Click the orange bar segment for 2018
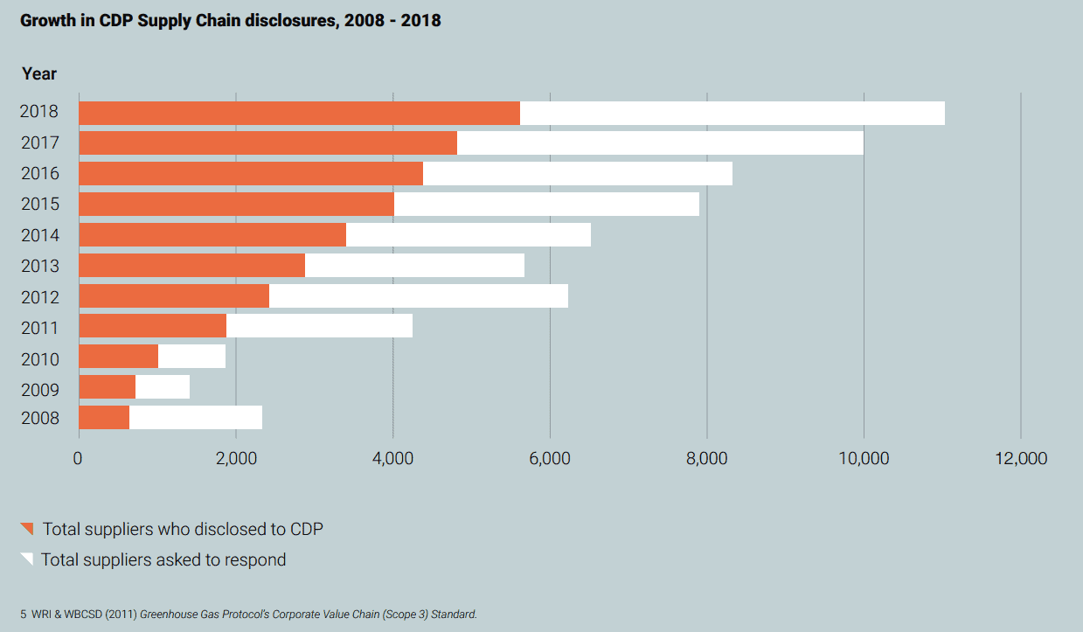click(299, 113)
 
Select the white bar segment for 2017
click(660, 143)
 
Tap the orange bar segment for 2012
click(174, 296)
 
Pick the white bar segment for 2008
click(196, 418)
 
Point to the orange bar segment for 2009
click(108, 387)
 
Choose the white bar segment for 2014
click(469, 235)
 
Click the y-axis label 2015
click(40, 205)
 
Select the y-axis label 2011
click(40, 328)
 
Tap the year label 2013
click(40, 266)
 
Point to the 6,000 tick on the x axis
click(550, 459)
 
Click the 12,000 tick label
click(1021, 459)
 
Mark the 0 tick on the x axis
click(79, 459)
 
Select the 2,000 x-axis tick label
click(235, 459)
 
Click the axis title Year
click(39, 74)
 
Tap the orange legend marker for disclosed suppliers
click(27, 528)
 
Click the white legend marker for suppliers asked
click(27, 559)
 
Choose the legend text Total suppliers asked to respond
click(163, 559)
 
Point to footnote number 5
click(24, 615)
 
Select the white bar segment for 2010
click(191, 357)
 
